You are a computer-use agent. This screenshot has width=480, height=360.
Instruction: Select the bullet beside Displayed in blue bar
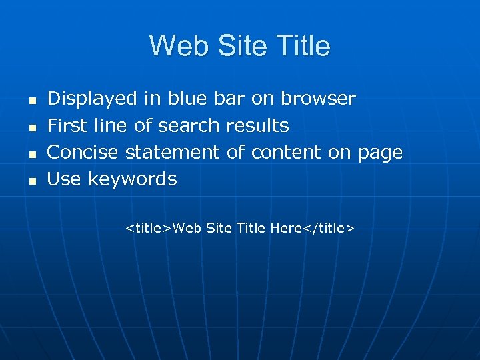[x=31, y=100]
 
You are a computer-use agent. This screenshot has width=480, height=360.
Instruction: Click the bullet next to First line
[x=31, y=127]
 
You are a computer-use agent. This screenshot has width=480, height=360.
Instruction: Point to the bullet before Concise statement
[x=31, y=153]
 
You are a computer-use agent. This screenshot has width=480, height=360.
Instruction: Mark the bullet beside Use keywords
[x=31, y=180]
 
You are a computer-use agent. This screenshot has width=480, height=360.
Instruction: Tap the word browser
[x=318, y=99]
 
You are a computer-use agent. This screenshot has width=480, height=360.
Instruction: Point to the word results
[x=257, y=125]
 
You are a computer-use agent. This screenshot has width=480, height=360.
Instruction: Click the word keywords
[x=133, y=179]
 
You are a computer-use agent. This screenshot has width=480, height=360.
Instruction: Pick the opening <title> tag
[x=149, y=229]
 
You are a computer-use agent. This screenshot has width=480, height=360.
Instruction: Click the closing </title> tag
[x=329, y=229]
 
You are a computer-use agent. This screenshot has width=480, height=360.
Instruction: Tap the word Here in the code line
[x=286, y=229]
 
